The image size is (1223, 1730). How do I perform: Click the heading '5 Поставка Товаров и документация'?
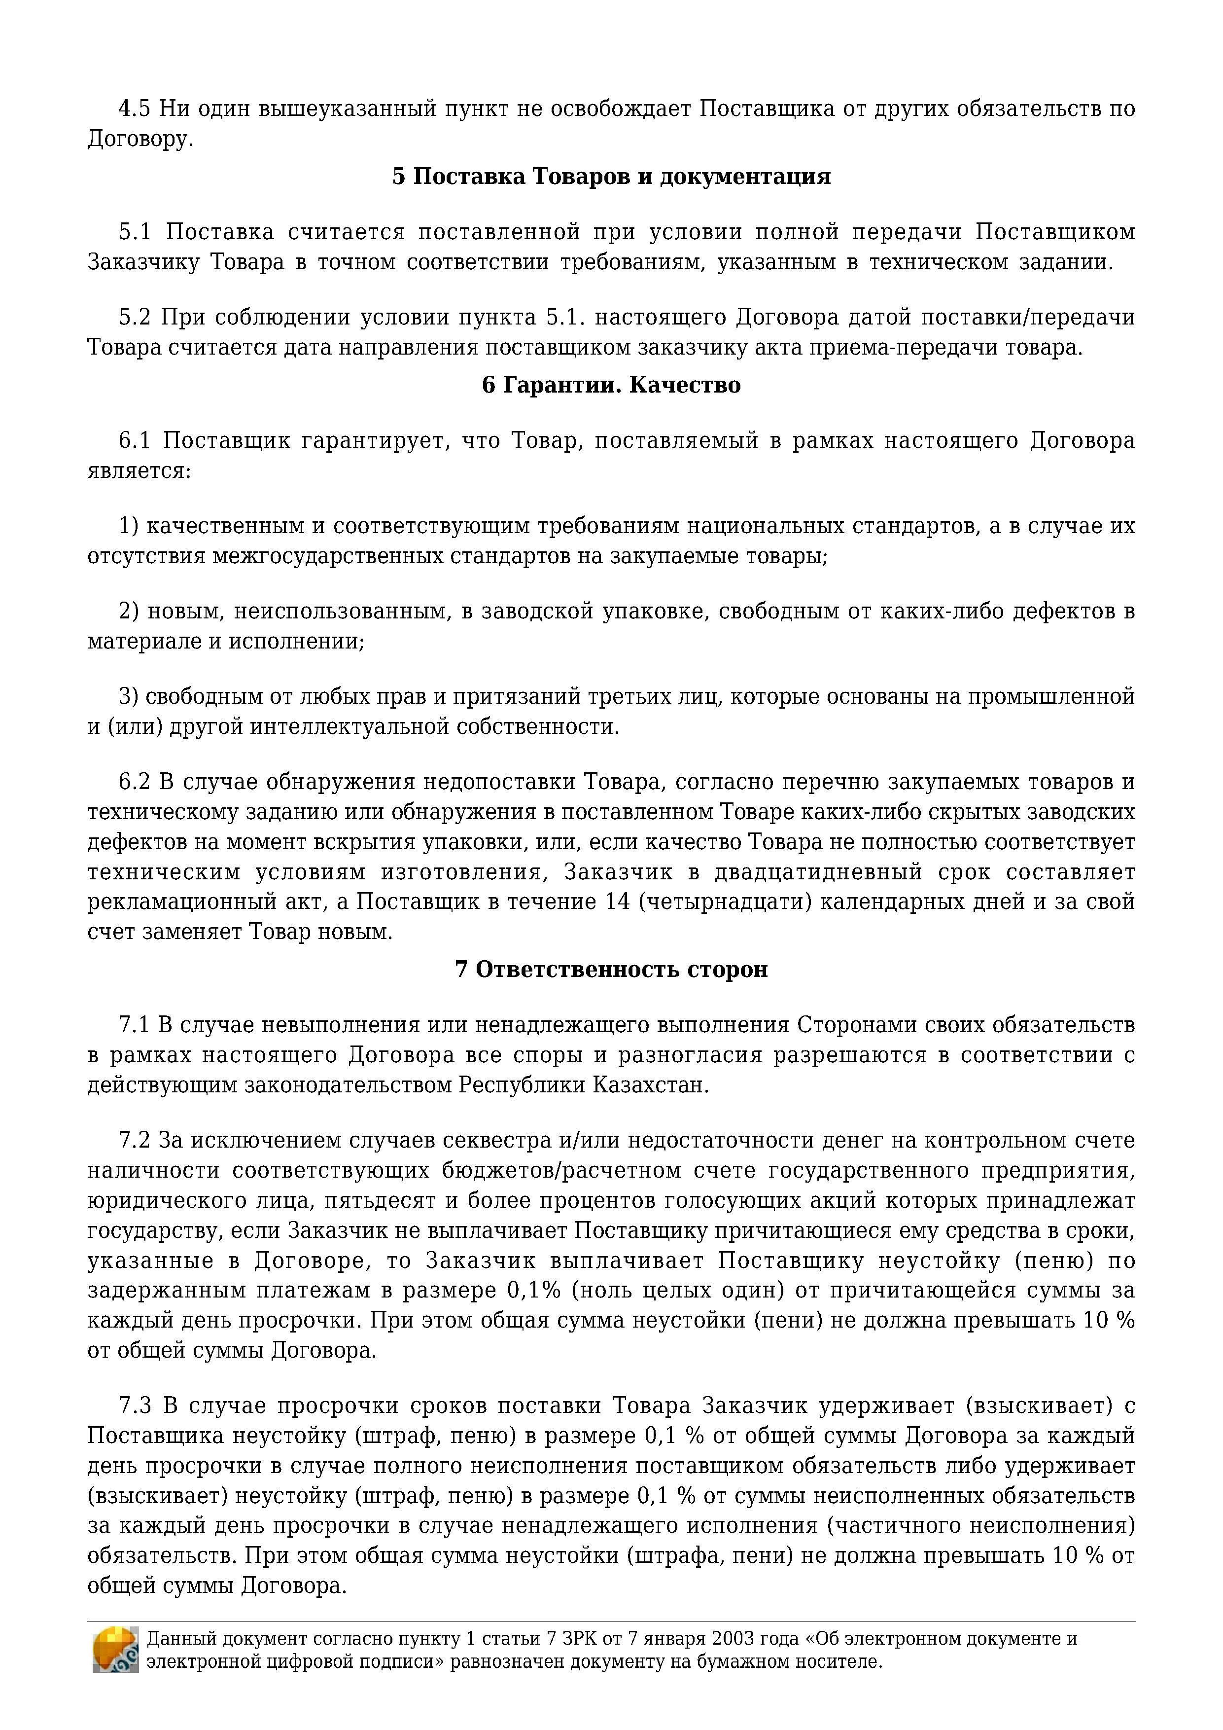[x=611, y=177]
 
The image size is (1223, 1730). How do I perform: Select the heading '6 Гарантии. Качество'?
[x=611, y=385]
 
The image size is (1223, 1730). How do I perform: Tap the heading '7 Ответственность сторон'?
[x=611, y=969]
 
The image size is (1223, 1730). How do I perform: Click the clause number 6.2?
[x=135, y=782]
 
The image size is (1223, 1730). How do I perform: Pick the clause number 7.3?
[x=135, y=1406]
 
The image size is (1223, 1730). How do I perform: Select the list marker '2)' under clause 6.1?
[x=129, y=611]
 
